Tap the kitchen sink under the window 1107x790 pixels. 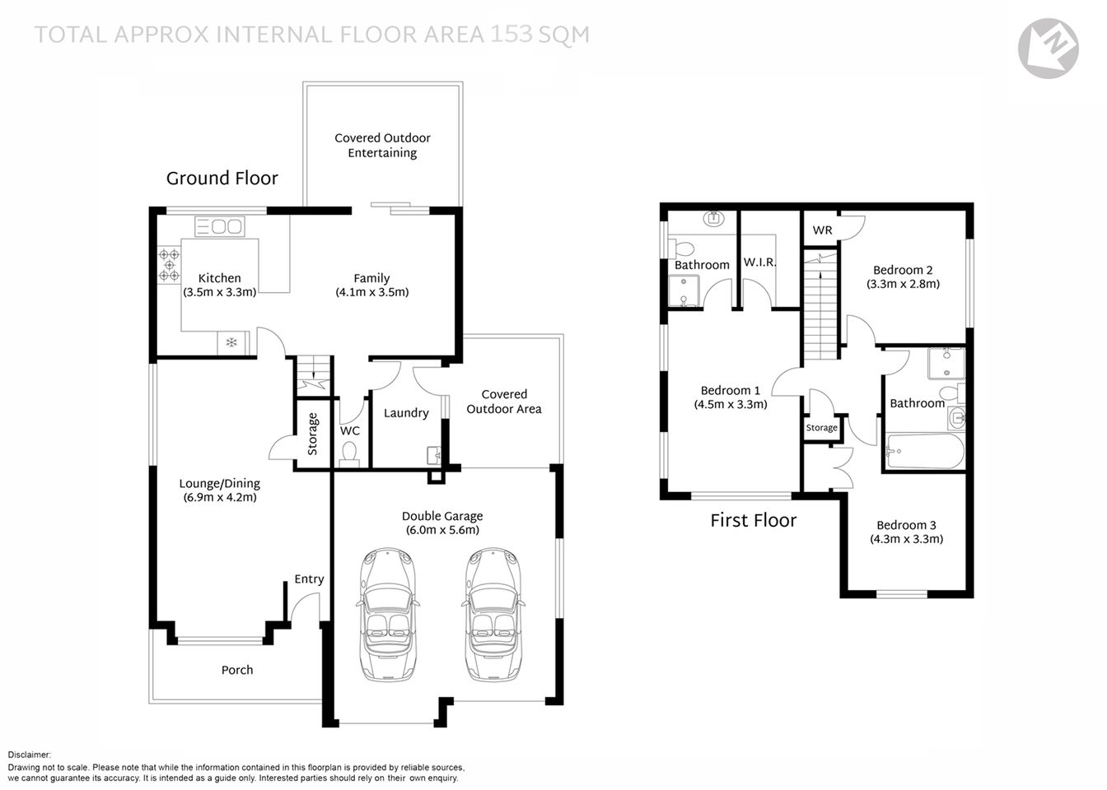click(220, 225)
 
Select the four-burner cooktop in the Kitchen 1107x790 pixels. click(169, 264)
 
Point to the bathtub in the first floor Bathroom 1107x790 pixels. click(923, 451)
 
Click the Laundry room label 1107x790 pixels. click(406, 413)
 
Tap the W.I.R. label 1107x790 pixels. click(759, 263)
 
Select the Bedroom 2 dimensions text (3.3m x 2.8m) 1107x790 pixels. click(903, 284)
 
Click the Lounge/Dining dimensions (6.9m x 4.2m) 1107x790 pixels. click(220, 497)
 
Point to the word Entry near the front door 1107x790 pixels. click(309, 579)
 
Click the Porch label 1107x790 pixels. click(237, 670)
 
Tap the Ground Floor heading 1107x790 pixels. click(222, 179)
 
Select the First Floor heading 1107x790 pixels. click(754, 520)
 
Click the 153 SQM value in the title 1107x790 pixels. click(540, 35)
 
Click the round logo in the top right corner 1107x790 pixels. click(1048, 49)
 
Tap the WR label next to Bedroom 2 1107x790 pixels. click(822, 230)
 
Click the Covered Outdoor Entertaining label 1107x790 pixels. click(382, 146)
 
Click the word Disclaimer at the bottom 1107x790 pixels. click(30, 755)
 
